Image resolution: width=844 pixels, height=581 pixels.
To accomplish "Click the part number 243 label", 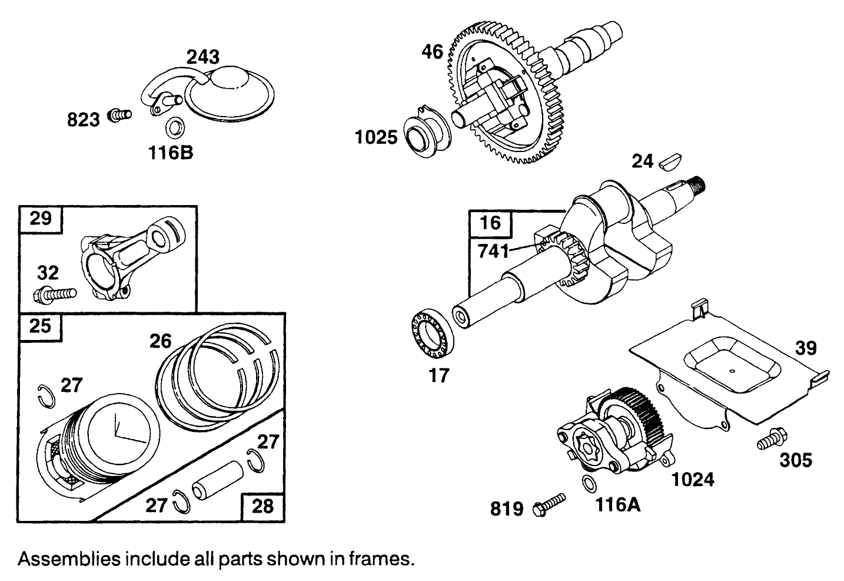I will [x=203, y=57].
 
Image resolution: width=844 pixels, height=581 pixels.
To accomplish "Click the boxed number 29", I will [x=41, y=219].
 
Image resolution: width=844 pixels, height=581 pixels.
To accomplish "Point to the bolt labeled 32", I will [x=57, y=293].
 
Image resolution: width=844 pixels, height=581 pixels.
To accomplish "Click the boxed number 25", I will [x=40, y=326].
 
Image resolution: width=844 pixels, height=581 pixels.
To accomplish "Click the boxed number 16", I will [x=490, y=223].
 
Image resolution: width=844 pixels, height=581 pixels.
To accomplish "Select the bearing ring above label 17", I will [x=432, y=336].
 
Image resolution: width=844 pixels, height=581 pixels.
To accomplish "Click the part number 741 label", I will [x=493, y=251].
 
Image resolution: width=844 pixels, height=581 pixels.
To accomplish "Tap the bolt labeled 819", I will [x=549, y=505].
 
